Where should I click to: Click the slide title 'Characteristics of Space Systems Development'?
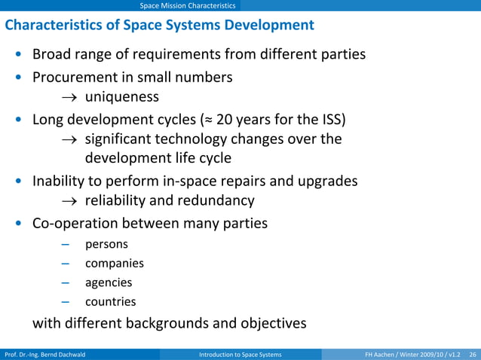tap(159, 25)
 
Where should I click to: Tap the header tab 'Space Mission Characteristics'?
tap(188, 6)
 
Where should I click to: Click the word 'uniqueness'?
tap(121, 97)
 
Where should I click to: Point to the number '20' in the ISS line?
tap(225, 119)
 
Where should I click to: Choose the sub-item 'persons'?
tap(106, 245)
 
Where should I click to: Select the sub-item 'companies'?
tap(114, 264)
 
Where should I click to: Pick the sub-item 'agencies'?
tap(109, 282)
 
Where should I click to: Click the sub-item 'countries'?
tap(110, 302)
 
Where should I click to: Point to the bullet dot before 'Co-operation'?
tap(17, 224)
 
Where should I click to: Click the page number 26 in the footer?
tap(473, 354)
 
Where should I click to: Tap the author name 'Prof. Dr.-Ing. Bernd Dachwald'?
tap(44, 354)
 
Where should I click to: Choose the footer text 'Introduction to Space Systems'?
tap(240, 354)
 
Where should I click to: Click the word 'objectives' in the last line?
tap(268, 324)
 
